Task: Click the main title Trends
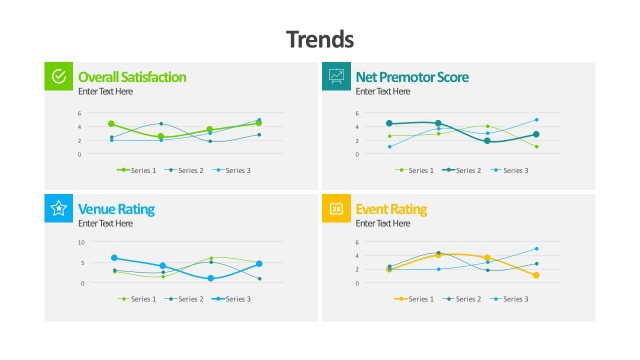coord(320,39)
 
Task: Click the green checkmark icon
coord(59,76)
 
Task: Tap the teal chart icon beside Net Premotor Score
coord(336,76)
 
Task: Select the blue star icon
coord(59,208)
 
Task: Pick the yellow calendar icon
coord(336,208)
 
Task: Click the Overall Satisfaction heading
coord(132,76)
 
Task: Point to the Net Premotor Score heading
coord(412,76)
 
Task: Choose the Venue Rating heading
coord(116,209)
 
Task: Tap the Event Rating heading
coord(391,209)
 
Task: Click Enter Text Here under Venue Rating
coord(104,223)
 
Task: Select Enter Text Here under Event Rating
coord(382,223)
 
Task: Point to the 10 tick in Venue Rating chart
coord(81,242)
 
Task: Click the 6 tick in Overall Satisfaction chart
coord(80,113)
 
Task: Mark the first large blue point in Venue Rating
coord(114,258)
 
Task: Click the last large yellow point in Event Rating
coord(536,275)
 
